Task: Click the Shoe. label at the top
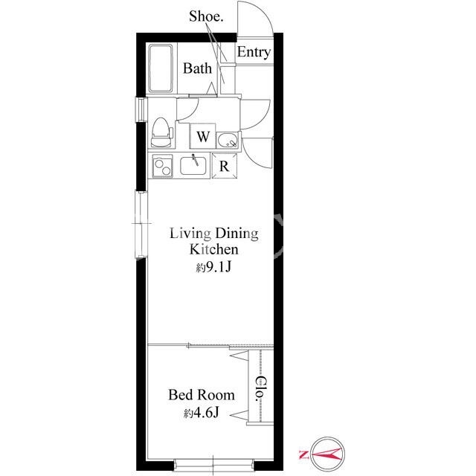point(206,16)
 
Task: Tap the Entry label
point(254,52)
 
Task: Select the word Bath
point(197,68)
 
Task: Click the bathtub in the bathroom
point(161,68)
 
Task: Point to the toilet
point(161,132)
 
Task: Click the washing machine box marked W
point(203,136)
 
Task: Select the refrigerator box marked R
point(225,166)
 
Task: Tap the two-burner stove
point(162,166)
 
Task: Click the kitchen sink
point(193,165)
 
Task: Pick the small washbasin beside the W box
point(228,140)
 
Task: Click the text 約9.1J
point(213,267)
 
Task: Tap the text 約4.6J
point(202,413)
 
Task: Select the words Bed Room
point(202,395)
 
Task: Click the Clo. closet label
point(261,389)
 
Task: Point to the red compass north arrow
point(324,454)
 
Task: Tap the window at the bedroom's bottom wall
point(213,464)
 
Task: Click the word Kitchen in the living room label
point(214,250)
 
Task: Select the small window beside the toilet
point(141,109)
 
